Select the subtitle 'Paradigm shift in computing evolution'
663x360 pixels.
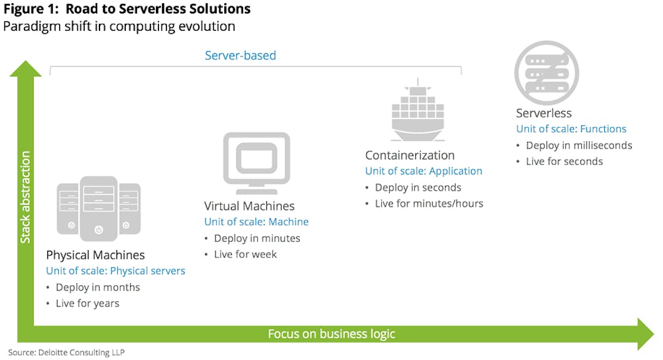[x=119, y=26]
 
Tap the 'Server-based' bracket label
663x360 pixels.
[x=240, y=55]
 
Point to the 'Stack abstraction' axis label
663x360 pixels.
[x=26, y=197]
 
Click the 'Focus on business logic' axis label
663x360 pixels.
[x=331, y=334]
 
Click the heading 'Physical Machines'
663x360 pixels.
[x=95, y=255]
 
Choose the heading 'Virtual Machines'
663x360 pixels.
[x=249, y=206]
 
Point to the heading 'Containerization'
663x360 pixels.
[x=409, y=155]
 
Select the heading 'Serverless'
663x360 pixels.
[x=543, y=113]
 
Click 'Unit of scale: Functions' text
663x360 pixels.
[x=571, y=129]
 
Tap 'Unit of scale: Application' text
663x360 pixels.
[x=424, y=171]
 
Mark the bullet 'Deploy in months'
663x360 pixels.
[x=98, y=288]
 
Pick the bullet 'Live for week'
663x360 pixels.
[x=245, y=254]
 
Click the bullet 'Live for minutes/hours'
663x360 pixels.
[x=428, y=203]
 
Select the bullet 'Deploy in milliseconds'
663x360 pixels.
[x=578, y=146]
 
